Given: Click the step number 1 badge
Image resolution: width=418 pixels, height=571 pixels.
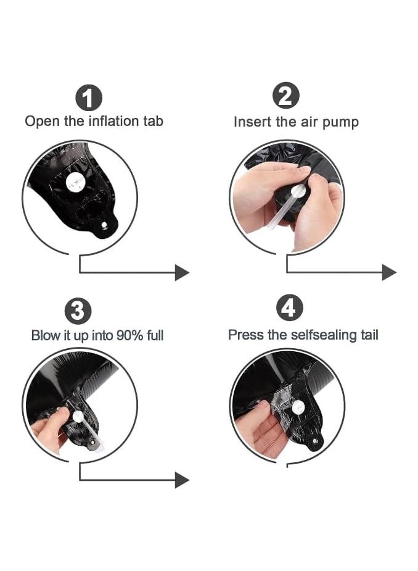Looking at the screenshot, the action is click(89, 98).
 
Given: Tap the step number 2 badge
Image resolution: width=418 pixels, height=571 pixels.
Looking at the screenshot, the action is click(286, 96).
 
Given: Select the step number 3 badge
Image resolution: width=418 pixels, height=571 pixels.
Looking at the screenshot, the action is click(78, 311).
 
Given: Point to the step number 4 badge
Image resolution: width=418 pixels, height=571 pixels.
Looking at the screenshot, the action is click(290, 307).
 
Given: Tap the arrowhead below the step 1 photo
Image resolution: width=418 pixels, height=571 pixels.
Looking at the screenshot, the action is click(182, 272).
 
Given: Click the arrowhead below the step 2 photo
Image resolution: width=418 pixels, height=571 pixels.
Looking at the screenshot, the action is click(389, 272).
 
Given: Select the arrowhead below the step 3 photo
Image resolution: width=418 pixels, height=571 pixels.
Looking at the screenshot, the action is click(182, 480).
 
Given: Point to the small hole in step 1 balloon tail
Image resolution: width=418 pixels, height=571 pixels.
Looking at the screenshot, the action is click(104, 226).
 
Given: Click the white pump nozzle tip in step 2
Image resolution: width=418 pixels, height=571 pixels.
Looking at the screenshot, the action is click(298, 190).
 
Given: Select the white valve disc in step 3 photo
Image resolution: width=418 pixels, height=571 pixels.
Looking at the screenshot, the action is click(78, 416).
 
